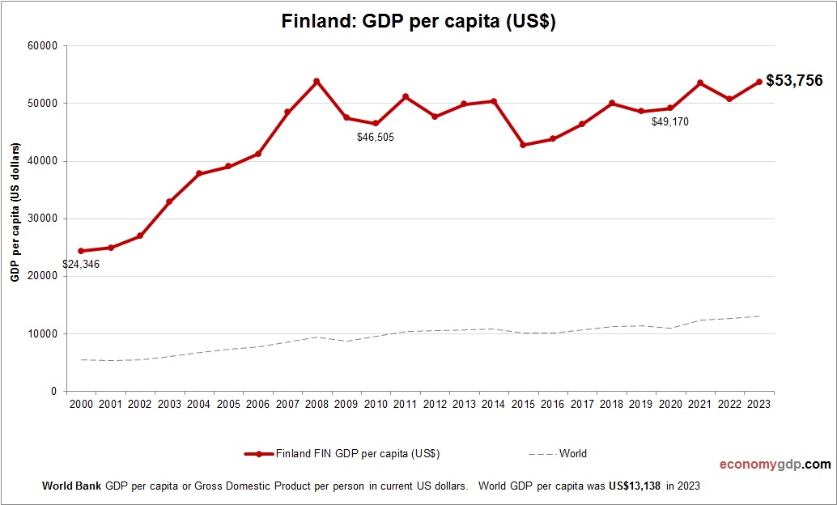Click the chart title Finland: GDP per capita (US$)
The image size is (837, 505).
pos(418,22)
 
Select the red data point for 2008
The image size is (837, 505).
pos(317,81)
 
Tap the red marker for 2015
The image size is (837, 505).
pos(523,145)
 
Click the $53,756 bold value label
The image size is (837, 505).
pos(793,80)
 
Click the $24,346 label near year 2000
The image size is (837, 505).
pos(81,264)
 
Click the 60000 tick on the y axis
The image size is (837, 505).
pos(42,46)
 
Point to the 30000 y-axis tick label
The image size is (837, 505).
pos(42,219)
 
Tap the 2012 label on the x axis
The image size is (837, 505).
pos(435,404)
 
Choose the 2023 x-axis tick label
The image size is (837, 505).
pos(759,404)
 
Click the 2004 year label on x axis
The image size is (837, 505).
pos(198,404)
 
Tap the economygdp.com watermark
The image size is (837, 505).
pos(775,465)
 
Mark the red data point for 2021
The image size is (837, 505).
pos(700,83)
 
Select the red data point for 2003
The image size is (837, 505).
pos(169,202)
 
